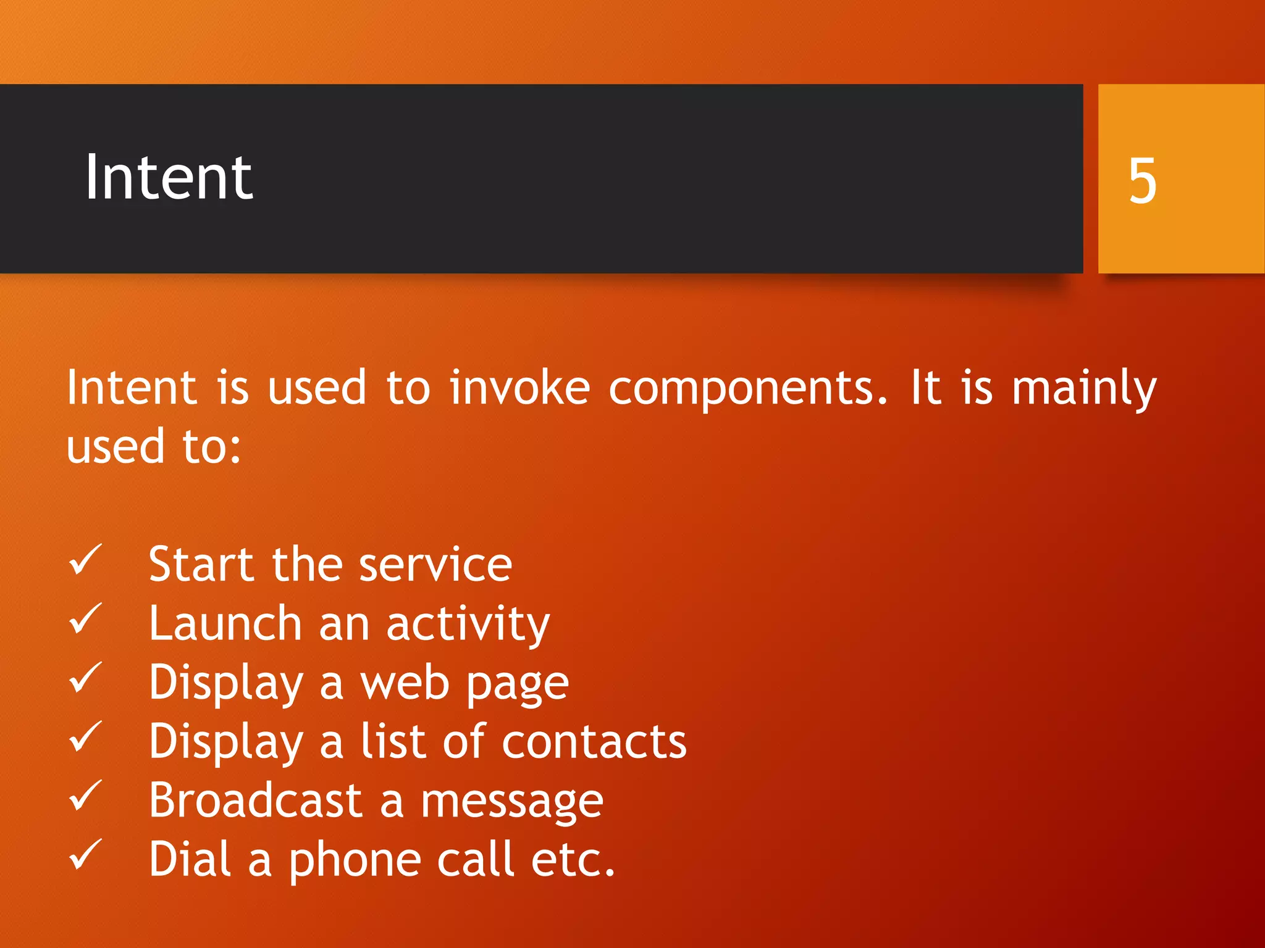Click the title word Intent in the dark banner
pos(169,178)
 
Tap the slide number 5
pos(1142,180)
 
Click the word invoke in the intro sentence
pos(519,388)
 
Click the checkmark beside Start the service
pos(85,560)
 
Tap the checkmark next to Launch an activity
pos(85,619)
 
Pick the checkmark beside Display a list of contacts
pos(85,737)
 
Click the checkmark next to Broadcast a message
pos(85,796)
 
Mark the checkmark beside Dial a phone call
pos(85,855)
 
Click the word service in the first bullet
pos(435,565)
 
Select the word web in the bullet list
pos(405,683)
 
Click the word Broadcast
pos(255,800)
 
